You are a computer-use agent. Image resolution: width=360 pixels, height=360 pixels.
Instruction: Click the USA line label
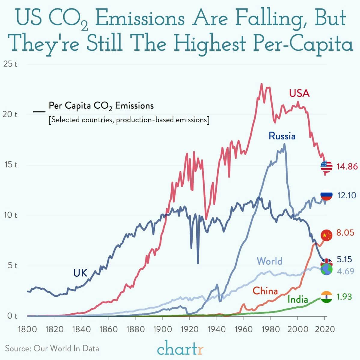299,93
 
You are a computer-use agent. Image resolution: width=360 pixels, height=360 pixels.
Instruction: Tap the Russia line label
282,136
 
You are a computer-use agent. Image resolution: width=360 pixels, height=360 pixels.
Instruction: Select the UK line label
80,273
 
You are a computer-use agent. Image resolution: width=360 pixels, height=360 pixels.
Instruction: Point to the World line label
270,261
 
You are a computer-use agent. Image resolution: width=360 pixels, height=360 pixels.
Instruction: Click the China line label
265,291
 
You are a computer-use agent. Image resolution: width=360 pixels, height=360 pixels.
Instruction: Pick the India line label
297,299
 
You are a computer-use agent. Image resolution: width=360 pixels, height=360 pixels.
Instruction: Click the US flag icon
326,166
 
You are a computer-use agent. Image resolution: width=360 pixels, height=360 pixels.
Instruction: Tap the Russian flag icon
326,196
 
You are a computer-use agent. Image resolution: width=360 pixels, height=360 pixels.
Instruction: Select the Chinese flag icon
326,235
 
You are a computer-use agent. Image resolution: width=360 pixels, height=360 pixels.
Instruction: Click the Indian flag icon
326,297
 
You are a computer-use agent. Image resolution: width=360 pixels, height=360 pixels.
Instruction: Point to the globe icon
326,270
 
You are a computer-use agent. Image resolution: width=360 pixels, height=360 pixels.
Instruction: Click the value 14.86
347,166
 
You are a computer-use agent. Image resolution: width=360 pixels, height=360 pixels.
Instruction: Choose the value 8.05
345,233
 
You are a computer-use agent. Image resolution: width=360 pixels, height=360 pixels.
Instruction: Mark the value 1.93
344,297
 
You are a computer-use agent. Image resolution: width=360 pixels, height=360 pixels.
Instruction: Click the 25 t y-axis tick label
10,64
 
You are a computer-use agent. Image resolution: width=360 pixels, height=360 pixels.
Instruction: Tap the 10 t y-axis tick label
10,215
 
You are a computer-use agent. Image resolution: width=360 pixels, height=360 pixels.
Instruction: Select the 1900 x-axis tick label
162,329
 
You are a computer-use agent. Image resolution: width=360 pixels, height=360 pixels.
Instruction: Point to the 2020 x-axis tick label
324,329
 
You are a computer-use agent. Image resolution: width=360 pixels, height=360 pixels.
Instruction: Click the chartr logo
180,349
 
